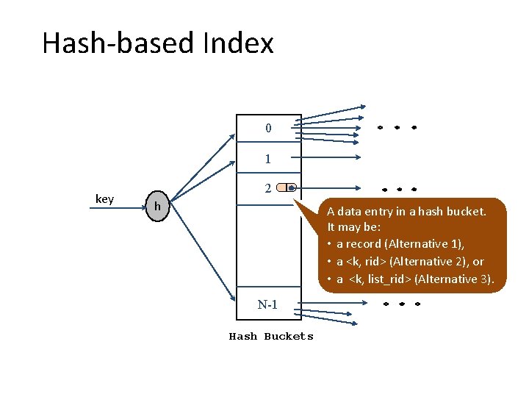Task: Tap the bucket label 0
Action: [268, 129]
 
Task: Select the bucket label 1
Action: [268, 159]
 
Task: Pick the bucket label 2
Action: [269, 188]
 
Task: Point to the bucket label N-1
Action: [267, 304]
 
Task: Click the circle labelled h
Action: [157, 208]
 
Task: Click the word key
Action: [104, 199]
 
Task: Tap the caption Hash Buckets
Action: [271, 337]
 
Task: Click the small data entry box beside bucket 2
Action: [287, 188]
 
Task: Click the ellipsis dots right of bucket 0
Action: [397, 127]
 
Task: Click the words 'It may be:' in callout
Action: [353, 228]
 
